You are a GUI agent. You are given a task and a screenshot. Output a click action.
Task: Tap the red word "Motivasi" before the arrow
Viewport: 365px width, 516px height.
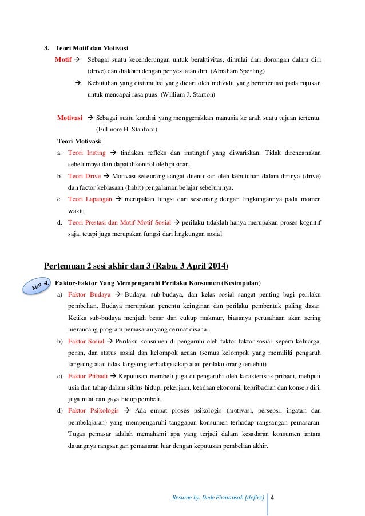click(70, 118)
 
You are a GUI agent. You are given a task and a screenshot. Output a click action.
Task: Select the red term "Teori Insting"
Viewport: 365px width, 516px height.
click(87, 153)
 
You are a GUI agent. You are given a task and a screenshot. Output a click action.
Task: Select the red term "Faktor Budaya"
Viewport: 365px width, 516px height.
click(88, 294)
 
